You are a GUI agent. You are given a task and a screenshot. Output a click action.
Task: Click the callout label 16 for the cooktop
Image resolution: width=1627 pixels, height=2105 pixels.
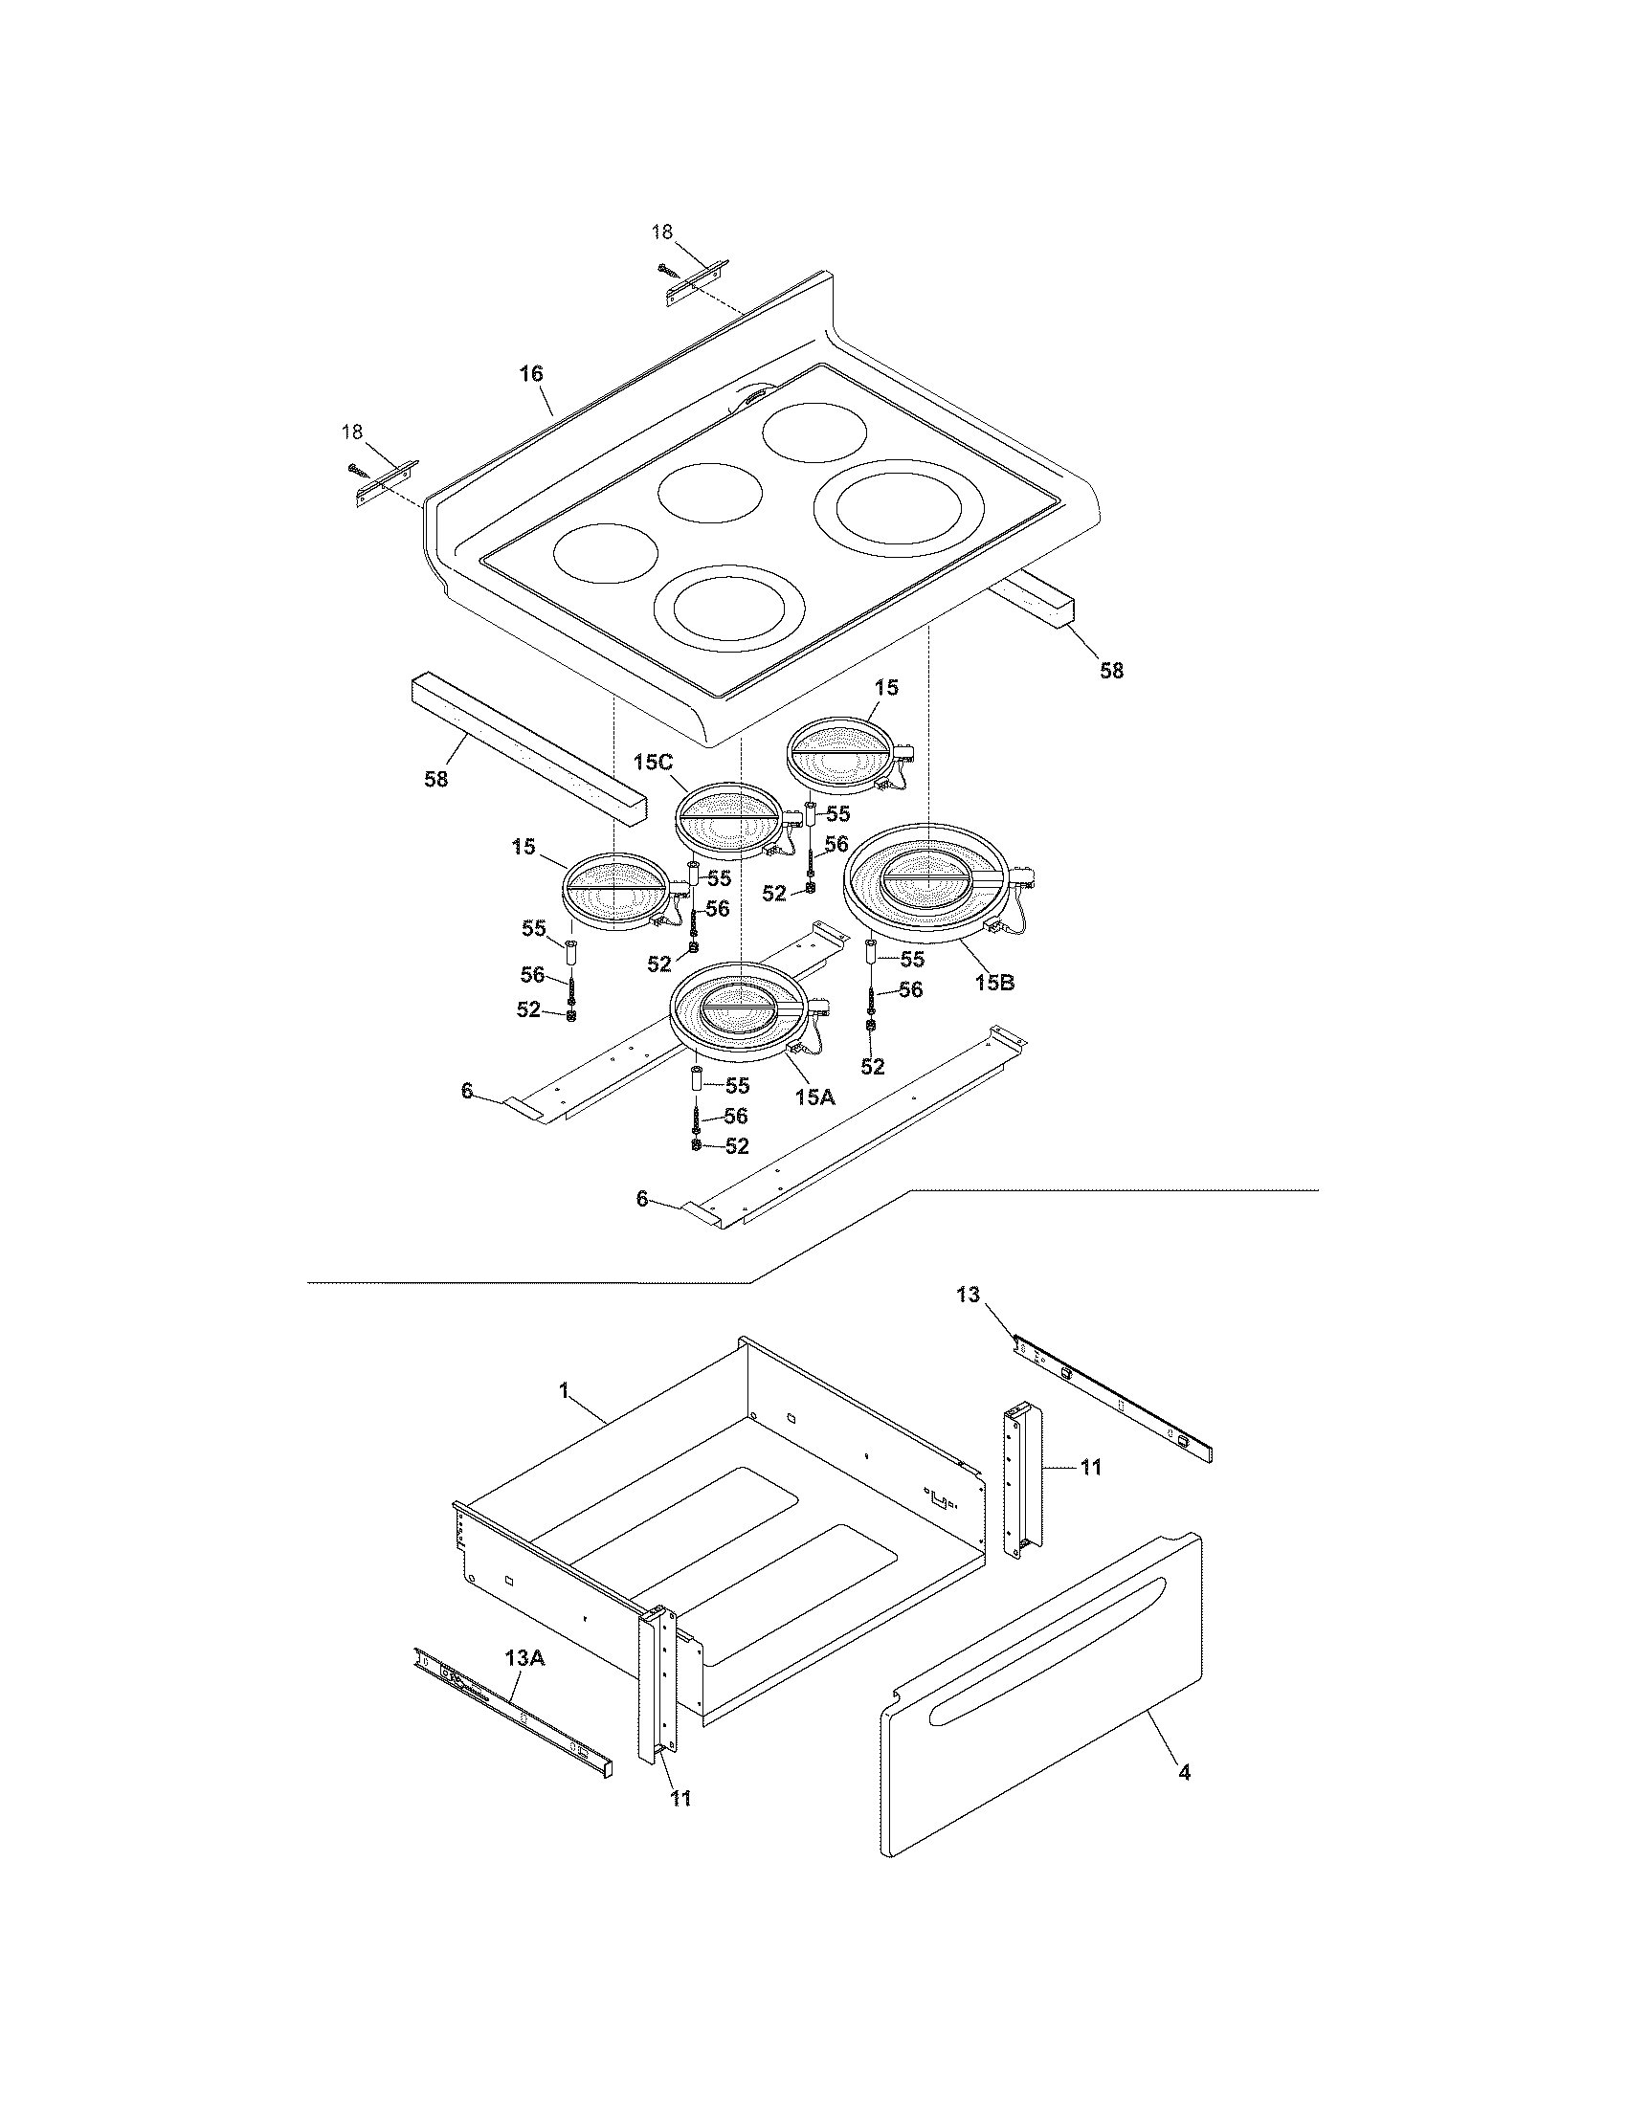point(531,373)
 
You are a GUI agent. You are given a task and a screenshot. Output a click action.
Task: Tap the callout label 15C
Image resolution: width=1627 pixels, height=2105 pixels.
point(653,763)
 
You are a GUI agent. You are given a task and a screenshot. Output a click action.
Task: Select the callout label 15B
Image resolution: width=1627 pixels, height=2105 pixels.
point(993,983)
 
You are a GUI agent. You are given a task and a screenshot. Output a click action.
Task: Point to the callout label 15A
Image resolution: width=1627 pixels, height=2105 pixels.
point(814,1096)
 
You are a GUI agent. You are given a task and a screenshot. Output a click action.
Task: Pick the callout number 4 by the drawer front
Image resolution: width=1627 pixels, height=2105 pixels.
point(1185,1771)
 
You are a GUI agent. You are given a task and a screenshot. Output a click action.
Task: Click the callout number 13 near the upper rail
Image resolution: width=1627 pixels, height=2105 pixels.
point(968,1295)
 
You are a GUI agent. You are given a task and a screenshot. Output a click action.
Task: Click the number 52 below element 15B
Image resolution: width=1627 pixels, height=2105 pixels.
point(872,1066)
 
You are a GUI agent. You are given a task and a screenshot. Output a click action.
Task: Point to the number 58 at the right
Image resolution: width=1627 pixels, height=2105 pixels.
point(1111,671)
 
